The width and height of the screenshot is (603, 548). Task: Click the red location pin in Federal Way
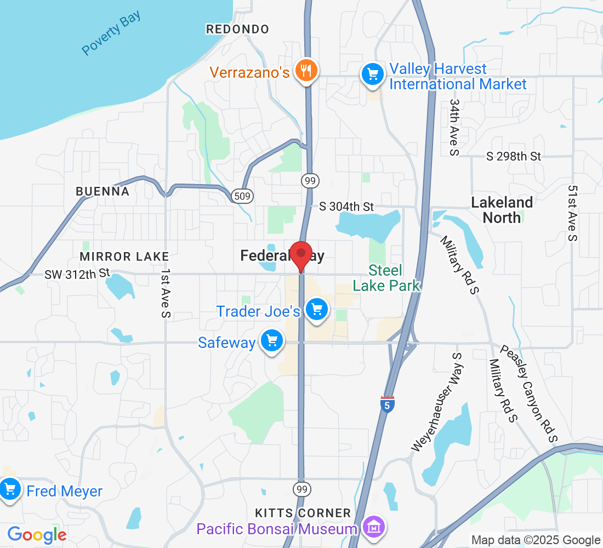tap(300, 254)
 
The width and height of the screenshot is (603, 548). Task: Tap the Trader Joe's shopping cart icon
tap(316, 310)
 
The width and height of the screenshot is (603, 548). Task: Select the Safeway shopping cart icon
tap(272, 342)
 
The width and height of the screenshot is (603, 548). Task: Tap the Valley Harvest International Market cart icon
tap(372, 75)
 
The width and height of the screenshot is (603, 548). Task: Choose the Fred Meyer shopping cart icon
tap(10, 490)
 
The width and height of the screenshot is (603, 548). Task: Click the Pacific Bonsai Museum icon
tap(375, 528)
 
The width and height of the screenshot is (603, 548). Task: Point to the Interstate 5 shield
tap(387, 405)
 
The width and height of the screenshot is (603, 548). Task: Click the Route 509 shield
tap(242, 196)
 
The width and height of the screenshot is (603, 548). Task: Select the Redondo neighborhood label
tap(237, 29)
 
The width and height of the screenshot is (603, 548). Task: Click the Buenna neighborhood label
tap(103, 191)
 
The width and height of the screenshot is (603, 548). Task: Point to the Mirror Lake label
tap(124, 256)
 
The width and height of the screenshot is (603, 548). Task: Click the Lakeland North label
tap(502, 210)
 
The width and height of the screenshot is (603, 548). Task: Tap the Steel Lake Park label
tap(386, 278)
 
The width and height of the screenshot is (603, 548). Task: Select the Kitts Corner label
tap(303, 513)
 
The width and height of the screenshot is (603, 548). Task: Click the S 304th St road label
tap(346, 207)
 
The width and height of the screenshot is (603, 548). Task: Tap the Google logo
tap(37, 534)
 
